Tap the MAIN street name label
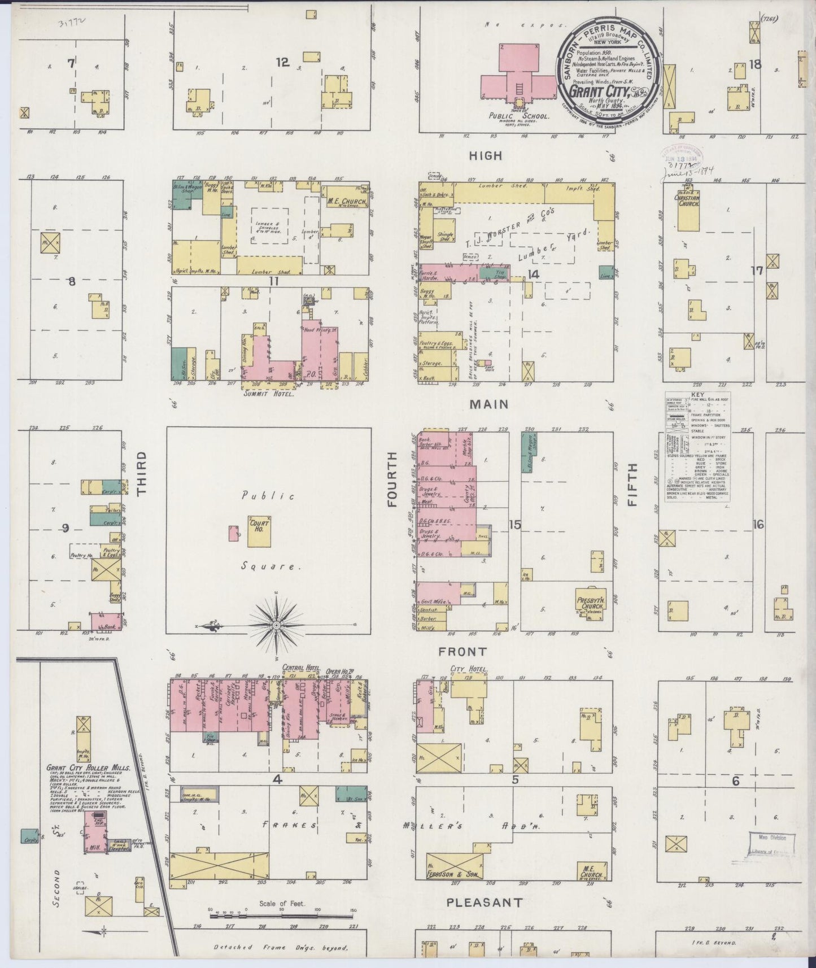tap(487, 404)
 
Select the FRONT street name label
tap(463, 652)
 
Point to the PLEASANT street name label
tap(485, 903)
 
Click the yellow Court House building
tap(259, 530)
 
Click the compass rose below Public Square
tap(277, 625)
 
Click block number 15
tap(514, 525)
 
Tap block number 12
tap(282, 63)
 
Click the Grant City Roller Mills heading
tap(89, 768)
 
